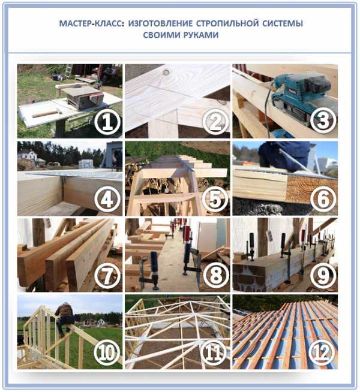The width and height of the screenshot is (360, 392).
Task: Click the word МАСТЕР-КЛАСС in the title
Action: (91, 23)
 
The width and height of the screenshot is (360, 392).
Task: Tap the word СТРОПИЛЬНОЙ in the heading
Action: (227, 23)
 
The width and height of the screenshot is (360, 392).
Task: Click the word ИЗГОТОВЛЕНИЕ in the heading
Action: (160, 23)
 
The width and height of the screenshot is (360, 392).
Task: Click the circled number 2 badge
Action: (215, 122)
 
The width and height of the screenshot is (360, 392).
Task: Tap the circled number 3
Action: (323, 120)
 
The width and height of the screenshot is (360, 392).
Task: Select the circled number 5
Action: (215, 200)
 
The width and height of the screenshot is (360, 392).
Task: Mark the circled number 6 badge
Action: (323, 200)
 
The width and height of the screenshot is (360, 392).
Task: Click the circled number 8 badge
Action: (215, 276)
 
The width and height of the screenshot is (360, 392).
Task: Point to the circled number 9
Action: (323, 276)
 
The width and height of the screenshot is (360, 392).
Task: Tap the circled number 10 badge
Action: (107, 353)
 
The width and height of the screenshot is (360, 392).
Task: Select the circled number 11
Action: (215, 353)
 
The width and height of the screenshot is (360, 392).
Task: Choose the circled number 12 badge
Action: (322, 353)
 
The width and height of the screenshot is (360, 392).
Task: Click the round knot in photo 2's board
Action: (166, 73)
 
